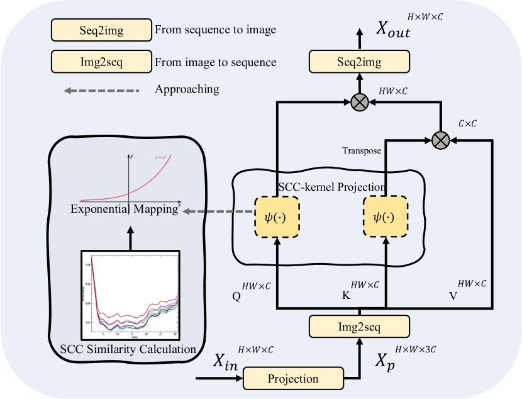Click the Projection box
click(x=293, y=379)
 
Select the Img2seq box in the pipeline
click(x=359, y=327)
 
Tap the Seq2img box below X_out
click(x=359, y=62)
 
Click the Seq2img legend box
click(x=101, y=30)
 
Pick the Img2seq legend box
click(x=101, y=62)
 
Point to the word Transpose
click(x=361, y=150)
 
